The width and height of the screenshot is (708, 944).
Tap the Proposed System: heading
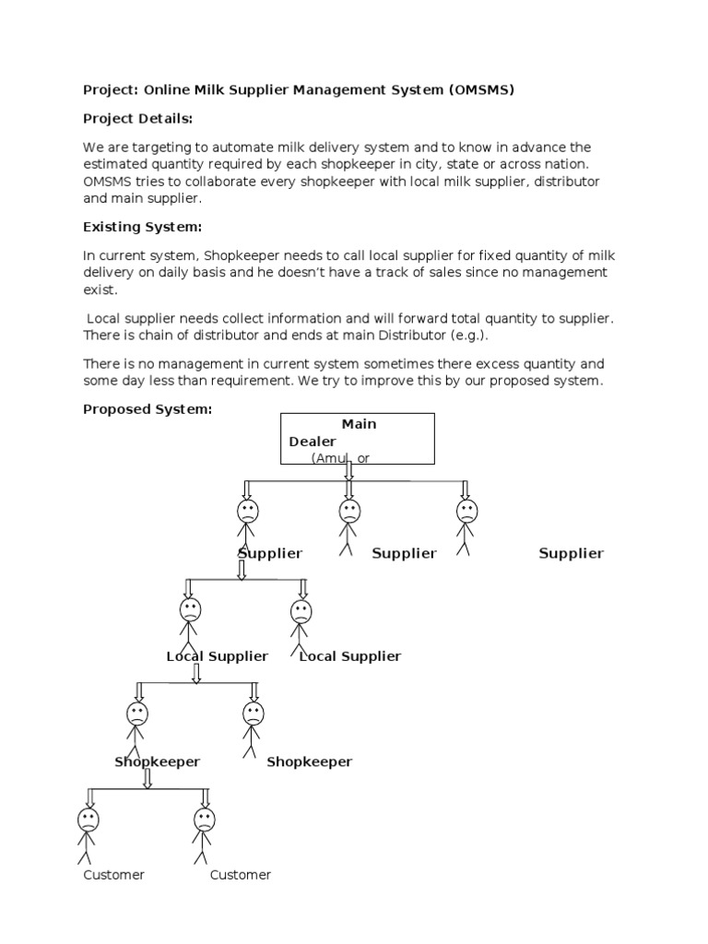[147, 409]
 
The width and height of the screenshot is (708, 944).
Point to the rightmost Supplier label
[571, 553]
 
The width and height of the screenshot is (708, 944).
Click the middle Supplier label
[404, 553]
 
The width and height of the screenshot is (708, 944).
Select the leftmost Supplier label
[270, 553]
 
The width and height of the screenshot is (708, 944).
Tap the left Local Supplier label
[217, 656]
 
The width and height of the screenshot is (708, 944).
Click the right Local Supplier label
[350, 656]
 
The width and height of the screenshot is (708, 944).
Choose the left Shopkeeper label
[157, 761]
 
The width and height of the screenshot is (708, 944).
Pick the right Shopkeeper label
[309, 761]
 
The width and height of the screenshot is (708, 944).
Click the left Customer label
[113, 875]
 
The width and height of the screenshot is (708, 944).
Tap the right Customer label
[240, 875]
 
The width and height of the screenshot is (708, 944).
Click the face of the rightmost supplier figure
[466, 512]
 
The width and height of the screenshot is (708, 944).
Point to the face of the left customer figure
[88, 820]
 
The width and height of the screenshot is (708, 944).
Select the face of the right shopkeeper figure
[253, 713]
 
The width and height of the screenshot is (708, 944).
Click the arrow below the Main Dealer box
[348, 470]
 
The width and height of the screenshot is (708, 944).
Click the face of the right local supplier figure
[301, 611]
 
